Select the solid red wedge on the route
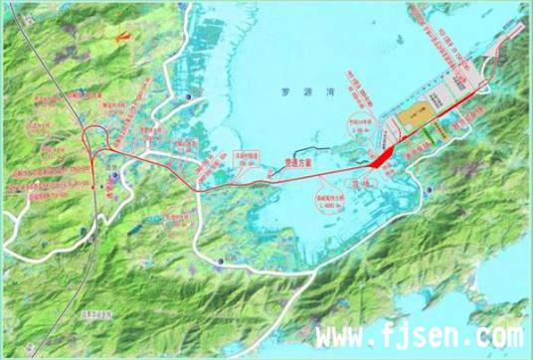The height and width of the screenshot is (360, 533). point(382,156)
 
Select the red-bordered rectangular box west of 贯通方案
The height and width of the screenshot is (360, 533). point(247,156)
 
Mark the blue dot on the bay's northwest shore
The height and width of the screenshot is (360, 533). point(189,95)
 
